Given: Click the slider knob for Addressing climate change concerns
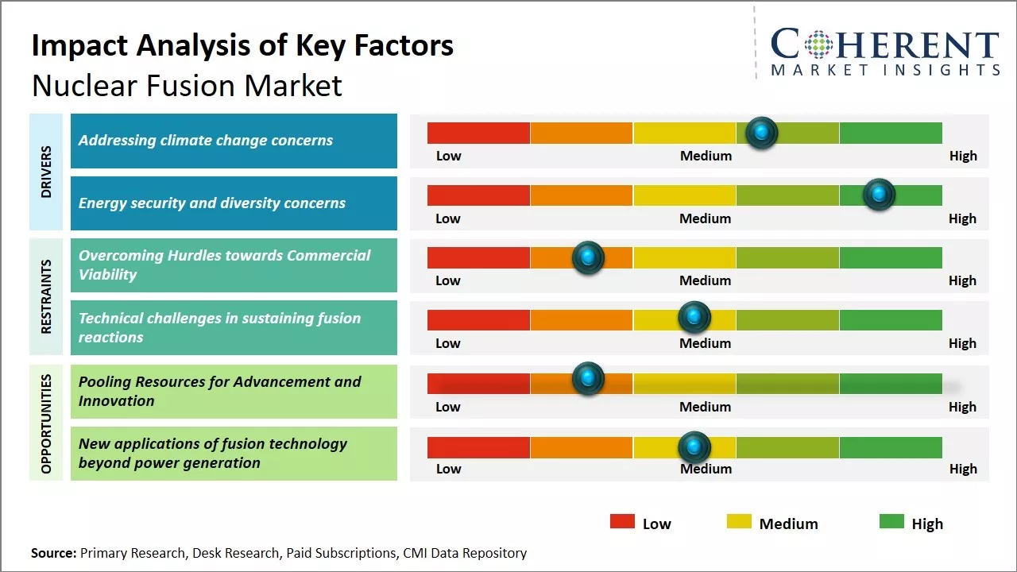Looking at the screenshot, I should pos(762,133).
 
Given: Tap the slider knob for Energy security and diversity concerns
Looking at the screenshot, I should pos(879,195).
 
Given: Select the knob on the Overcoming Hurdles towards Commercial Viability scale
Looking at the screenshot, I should pos(588,257).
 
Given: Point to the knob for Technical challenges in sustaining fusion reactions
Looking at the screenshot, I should pos(694,318).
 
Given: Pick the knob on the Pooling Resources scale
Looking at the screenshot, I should pos(588,378).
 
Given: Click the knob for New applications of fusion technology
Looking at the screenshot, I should pos(694,447).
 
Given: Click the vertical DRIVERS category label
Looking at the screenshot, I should pos(45,172).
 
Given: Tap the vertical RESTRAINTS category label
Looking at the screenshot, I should pos(45,296).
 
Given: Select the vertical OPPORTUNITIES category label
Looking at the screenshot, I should pos(45,423).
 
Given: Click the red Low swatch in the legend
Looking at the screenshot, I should pos(622,521).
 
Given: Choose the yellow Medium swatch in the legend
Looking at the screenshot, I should pos(739,521).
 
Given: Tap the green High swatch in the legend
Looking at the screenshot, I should pos(891,521).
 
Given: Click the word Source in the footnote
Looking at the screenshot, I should pos(53,553).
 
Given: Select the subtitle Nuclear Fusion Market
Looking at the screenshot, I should pos(187,85).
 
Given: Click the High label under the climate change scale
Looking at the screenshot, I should pos(963,156).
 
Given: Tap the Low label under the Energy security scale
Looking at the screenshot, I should pos(448,218).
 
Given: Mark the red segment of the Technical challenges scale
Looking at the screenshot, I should pos(478,320).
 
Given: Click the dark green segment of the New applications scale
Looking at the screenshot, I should pos(890,447).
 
